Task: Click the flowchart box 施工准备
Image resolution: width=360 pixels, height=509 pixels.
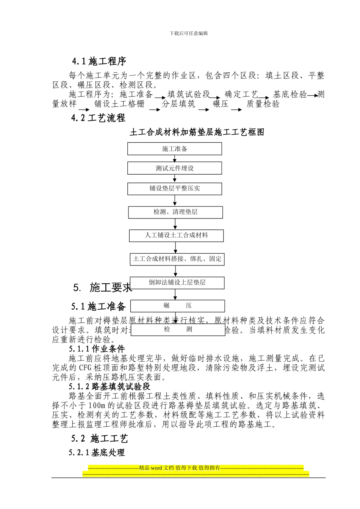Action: (174, 149)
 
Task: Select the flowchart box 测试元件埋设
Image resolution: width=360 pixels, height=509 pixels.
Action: (174, 169)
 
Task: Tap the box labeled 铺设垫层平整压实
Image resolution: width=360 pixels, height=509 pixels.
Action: (174, 189)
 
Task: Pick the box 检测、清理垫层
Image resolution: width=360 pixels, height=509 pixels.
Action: (175, 212)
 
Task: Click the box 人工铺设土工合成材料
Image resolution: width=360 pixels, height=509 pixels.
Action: (176, 236)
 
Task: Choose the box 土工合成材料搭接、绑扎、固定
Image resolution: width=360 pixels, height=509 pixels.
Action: (177, 259)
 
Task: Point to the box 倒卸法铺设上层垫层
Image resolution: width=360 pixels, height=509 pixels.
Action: (177, 283)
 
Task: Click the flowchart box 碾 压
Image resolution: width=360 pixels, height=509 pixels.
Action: (177, 306)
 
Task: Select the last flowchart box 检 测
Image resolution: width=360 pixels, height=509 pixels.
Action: (178, 329)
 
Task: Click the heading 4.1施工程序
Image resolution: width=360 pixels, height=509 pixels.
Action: (99, 61)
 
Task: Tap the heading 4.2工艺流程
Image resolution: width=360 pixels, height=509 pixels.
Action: (98, 118)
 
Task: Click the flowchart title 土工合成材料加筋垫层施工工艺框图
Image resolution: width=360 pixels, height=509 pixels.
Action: (197, 132)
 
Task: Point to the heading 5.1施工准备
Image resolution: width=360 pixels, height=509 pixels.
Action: (98, 306)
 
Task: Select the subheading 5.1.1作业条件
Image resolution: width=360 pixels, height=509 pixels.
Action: (97, 349)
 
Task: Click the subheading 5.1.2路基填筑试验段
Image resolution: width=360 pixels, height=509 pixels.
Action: (110, 387)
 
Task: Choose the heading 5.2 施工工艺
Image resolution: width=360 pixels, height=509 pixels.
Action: (99, 439)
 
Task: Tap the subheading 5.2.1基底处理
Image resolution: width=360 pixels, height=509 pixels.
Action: (97, 453)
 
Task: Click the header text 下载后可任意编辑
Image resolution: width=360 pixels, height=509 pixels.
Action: (189, 33)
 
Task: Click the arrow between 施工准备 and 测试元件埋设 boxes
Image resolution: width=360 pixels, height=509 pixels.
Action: (175, 159)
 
